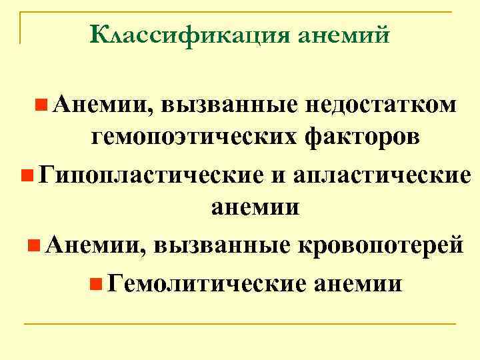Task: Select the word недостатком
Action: tap(383, 105)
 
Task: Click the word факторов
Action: tap(362, 137)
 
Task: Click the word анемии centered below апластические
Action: tap(255, 207)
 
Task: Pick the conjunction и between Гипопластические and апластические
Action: tap(277, 175)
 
